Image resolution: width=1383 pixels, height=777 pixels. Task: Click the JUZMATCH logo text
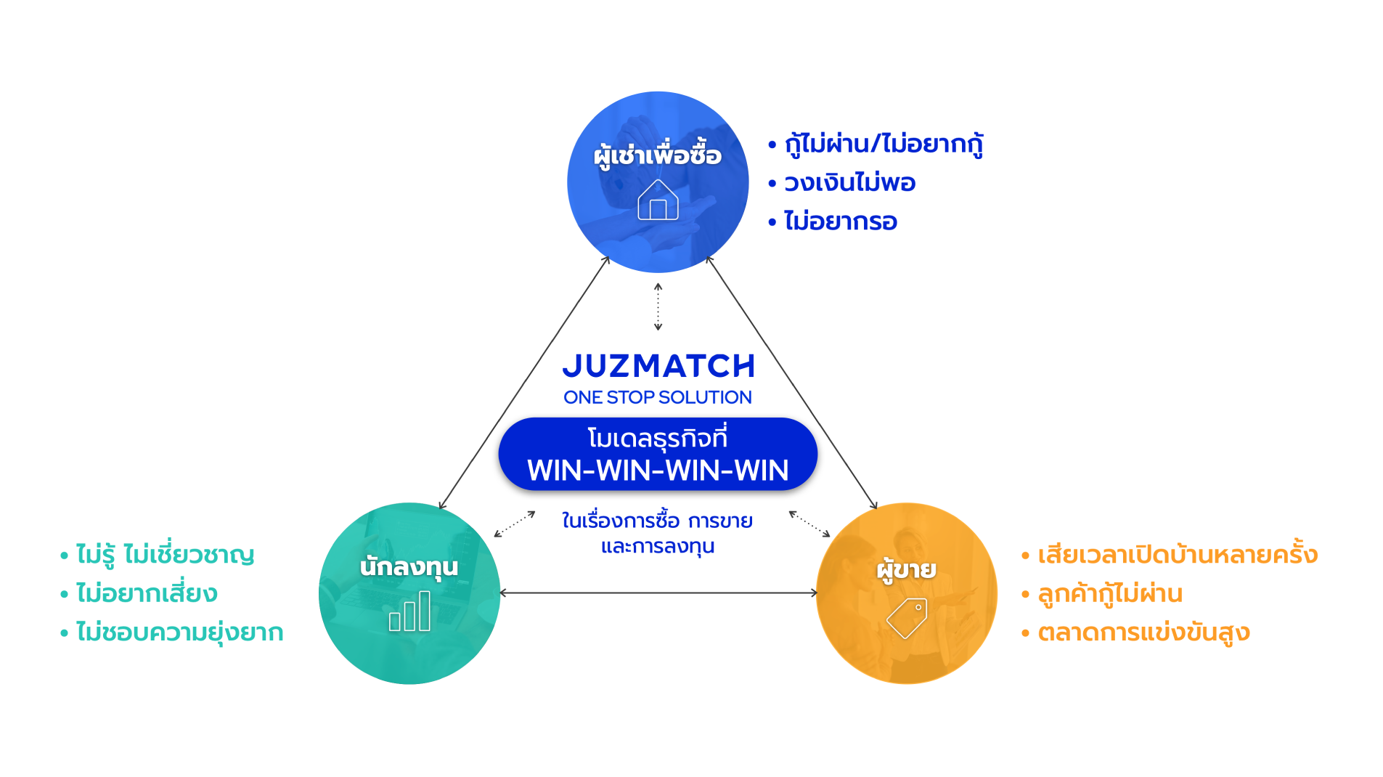point(658,366)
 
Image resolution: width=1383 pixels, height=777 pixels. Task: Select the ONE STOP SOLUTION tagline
point(658,397)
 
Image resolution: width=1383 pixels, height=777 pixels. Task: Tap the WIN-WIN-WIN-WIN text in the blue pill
point(658,471)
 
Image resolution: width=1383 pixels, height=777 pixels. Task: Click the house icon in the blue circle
point(658,200)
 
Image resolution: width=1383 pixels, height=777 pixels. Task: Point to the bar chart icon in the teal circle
point(409,611)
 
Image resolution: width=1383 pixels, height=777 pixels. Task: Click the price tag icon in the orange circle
point(907,618)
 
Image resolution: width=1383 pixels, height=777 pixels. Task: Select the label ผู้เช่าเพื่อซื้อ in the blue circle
point(658,155)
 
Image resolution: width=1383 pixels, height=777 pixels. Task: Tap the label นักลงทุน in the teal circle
point(409,566)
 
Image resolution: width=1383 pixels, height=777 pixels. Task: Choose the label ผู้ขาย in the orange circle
point(907,569)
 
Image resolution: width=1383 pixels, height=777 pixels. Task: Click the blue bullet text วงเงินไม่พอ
point(849,182)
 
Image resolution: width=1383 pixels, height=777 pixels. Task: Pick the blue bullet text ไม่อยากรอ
point(841,221)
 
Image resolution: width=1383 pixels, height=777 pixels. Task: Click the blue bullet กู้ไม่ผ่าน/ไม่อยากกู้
point(884,144)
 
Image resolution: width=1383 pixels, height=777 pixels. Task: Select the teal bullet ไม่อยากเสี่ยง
point(147,593)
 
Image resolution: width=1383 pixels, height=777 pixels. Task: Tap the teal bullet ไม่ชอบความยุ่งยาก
point(179,632)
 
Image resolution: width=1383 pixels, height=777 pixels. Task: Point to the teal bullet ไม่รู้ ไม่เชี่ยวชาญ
point(166,554)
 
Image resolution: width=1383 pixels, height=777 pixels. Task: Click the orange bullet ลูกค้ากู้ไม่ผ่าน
point(1110,593)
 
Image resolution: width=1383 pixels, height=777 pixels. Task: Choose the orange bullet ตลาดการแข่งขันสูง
point(1143,632)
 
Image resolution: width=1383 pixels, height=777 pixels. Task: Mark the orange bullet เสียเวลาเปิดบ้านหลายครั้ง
point(1178,554)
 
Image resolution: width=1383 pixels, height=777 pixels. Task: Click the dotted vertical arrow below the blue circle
point(658,306)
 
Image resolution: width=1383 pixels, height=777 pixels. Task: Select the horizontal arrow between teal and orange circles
point(658,593)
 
